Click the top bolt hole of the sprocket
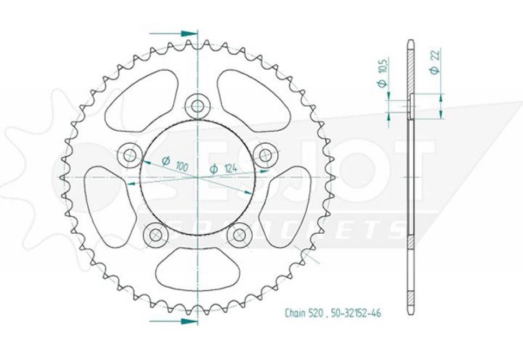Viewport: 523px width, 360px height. click(197, 105)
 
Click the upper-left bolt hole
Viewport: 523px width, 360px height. click(130, 156)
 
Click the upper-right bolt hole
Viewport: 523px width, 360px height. click(265, 155)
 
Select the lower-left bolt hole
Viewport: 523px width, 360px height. click(156, 235)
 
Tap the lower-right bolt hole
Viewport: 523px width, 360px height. click(239, 235)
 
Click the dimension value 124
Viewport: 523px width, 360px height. click(229, 170)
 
